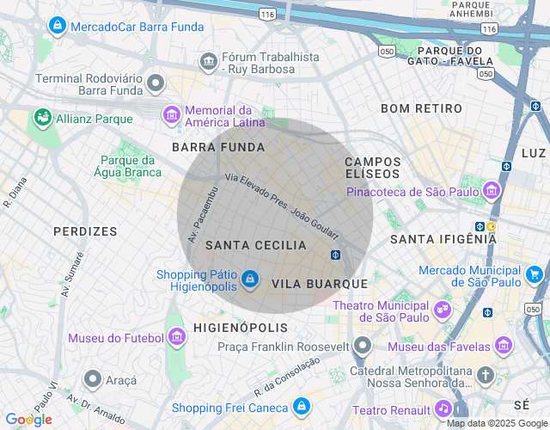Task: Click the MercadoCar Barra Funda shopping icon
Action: click(57, 26)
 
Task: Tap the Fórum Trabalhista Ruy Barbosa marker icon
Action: click(208, 62)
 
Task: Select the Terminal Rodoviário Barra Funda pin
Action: click(156, 83)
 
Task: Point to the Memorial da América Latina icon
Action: click(172, 114)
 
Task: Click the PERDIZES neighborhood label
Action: click(85, 231)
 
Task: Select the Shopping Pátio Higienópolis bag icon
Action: click(249, 279)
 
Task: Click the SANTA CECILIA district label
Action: click(256, 245)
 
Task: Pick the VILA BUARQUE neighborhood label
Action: click(319, 283)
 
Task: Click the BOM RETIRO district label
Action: click(421, 108)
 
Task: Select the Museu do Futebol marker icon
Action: click(176, 337)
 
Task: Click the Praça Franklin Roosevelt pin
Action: click(363, 346)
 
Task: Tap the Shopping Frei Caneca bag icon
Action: click(301, 407)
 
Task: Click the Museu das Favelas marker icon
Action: click(504, 346)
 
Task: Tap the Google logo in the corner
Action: click(28, 419)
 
